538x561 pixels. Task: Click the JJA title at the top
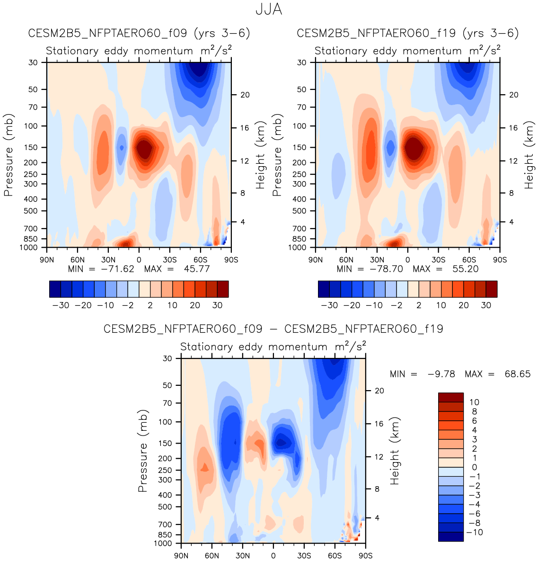click(269, 9)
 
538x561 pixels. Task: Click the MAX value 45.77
click(197, 269)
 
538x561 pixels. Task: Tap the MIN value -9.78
click(441, 374)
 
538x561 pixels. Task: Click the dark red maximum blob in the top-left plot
click(144, 149)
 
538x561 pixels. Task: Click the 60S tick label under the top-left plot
click(200, 260)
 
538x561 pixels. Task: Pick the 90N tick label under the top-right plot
click(316, 260)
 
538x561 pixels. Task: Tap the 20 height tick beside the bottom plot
click(379, 391)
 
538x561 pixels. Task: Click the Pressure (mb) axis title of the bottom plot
click(143, 451)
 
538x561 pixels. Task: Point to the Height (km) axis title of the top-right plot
click(529, 155)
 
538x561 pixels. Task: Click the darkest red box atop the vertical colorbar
click(450, 397)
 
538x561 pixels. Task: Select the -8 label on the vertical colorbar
click(474, 523)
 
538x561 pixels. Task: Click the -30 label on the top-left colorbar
click(61, 305)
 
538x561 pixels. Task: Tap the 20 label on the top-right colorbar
click(463, 305)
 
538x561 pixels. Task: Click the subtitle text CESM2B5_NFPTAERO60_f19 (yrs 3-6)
click(407, 33)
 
